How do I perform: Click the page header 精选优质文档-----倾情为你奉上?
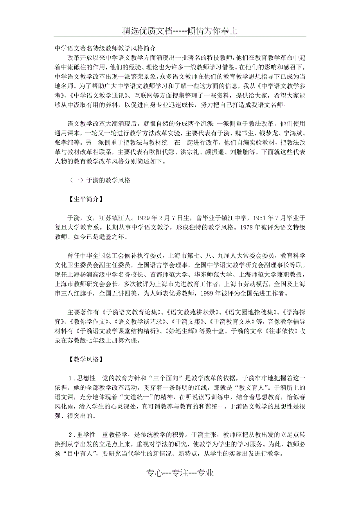[180, 31]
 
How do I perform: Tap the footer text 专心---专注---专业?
[180, 473]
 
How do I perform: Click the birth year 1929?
[146, 218]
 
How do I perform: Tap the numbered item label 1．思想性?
[82, 378]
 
